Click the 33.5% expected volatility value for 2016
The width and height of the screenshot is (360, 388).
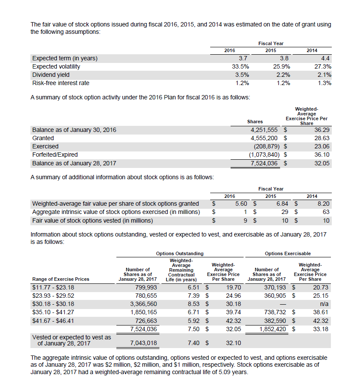pos(240,66)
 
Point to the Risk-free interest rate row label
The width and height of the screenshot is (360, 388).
pos(61,83)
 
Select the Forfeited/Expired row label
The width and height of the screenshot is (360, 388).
pos(55,155)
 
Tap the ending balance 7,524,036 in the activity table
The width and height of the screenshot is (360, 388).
pos(265,163)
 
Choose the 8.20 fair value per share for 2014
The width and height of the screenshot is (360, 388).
pos(323,204)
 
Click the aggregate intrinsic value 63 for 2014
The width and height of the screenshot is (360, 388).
pos(326,212)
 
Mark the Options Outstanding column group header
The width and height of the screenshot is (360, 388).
pos(179,253)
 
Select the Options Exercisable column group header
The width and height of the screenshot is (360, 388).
pos(287,253)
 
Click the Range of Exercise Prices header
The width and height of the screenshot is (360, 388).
pos(61,279)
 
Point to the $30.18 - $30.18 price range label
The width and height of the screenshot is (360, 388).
pos(53,304)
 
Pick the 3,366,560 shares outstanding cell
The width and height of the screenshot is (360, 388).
pos(140,304)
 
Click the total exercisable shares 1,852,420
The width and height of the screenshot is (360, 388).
pos(270,329)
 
